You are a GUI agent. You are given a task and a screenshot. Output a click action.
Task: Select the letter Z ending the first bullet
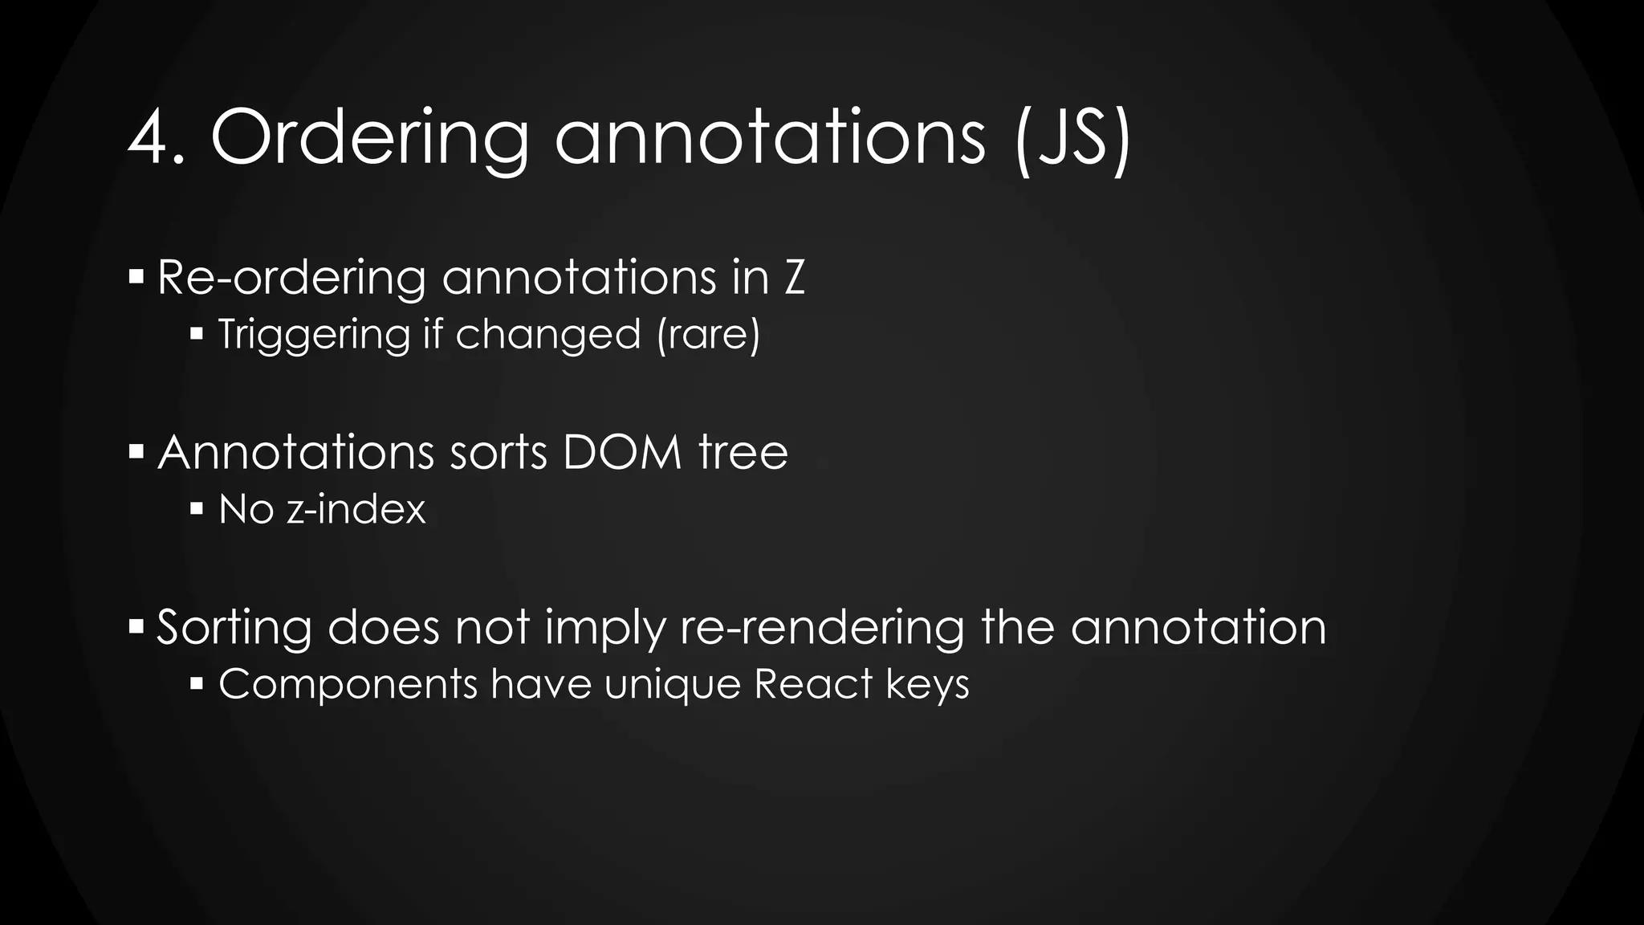(x=793, y=278)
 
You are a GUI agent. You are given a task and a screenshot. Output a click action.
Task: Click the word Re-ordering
(x=291, y=278)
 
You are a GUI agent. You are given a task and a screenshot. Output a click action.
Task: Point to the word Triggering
(x=314, y=334)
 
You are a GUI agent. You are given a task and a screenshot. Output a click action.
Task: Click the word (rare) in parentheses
(x=708, y=334)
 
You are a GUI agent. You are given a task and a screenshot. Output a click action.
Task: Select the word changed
(x=548, y=334)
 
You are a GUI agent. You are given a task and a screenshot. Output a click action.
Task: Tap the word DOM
(x=622, y=452)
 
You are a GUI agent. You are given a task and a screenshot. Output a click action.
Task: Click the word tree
(x=743, y=452)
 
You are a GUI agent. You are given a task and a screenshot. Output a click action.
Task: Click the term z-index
(x=356, y=509)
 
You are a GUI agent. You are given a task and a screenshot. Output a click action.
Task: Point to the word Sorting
(x=234, y=627)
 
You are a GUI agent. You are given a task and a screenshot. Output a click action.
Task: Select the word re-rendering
(x=822, y=627)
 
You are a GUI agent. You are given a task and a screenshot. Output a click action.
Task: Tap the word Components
(x=348, y=685)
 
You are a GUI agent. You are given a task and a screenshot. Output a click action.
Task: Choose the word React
(x=812, y=685)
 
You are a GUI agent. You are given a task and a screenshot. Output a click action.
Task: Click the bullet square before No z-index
(x=197, y=508)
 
